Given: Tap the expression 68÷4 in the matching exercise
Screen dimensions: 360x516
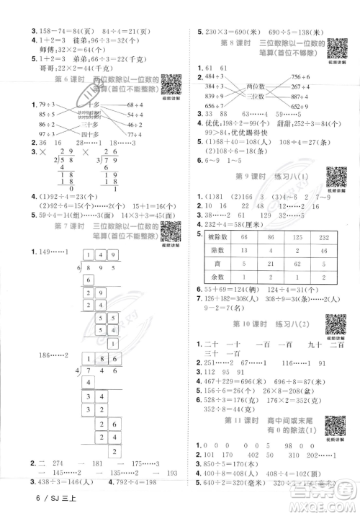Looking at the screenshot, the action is (146, 104).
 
